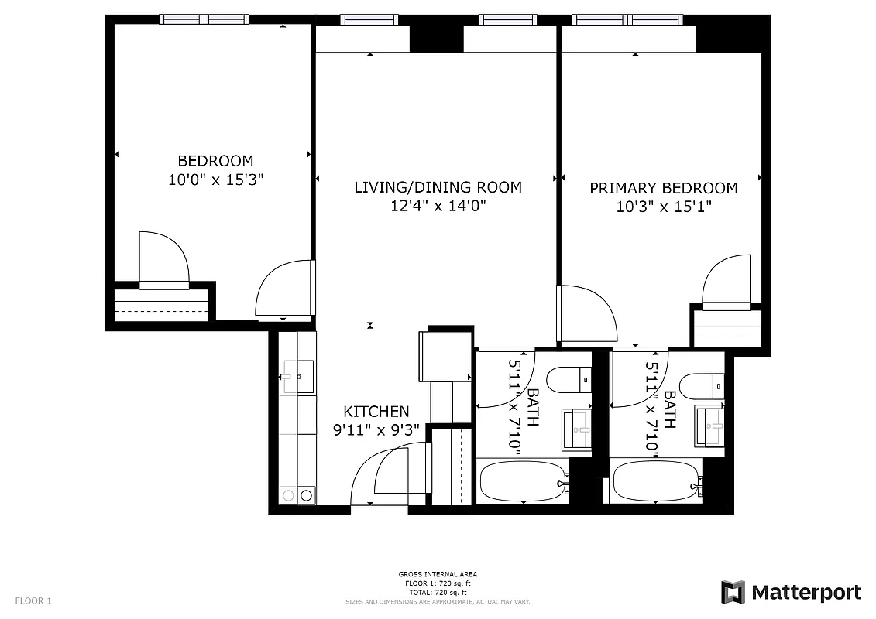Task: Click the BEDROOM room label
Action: pos(215,161)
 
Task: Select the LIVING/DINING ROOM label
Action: pos(438,187)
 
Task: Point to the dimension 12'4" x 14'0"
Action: pos(438,207)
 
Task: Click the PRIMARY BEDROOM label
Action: pos(663,188)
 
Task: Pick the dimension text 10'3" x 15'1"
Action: pos(663,207)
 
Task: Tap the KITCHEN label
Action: pos(376,412)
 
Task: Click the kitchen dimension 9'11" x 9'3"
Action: pos(376,431)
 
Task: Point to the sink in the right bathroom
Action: pos(709,426)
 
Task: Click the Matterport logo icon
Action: pos(733,592)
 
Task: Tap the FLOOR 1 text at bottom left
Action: pos(33,600)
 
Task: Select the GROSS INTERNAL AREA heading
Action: pos(438,574)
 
